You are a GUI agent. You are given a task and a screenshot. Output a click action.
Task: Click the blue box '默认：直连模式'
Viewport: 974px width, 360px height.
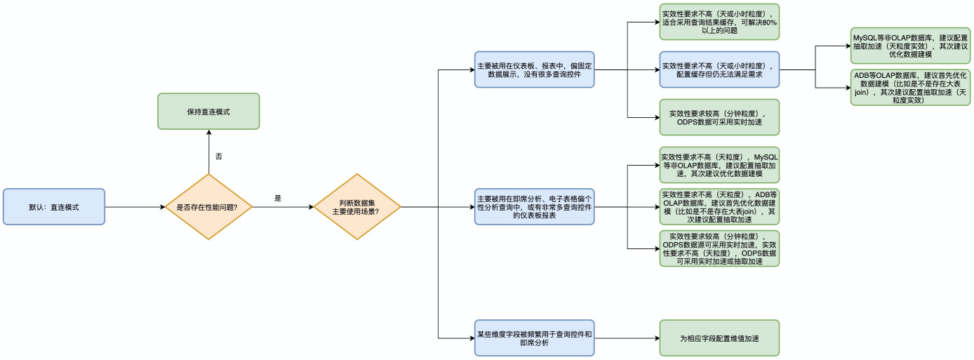54,206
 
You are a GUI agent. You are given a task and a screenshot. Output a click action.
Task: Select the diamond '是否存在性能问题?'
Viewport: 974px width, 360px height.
208,207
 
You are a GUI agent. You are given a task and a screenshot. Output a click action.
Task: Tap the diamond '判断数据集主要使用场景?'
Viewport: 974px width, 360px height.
356,207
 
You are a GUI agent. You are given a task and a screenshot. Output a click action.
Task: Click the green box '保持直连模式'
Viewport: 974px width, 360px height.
208,111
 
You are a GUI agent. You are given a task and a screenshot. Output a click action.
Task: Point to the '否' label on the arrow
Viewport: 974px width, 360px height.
218,156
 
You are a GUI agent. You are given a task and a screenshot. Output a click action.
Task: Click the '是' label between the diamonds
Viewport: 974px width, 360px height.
278,199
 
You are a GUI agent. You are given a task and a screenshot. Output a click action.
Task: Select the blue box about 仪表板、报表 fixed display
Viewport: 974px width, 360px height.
534,69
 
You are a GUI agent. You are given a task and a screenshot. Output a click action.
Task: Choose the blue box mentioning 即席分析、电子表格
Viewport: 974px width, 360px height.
534,207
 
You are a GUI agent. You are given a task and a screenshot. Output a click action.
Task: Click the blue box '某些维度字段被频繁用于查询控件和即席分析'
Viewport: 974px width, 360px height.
534,338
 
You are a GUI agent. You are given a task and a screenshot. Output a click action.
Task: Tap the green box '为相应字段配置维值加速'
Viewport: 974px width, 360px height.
719,338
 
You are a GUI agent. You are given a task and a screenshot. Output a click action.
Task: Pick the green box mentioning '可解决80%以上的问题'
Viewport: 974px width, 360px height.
719,22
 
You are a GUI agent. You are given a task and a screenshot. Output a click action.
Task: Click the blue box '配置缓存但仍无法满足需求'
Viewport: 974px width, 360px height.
719,69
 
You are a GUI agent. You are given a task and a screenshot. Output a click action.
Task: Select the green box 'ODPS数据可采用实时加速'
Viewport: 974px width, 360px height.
719,117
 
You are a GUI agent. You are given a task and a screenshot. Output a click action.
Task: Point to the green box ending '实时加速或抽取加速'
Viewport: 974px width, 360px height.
719,248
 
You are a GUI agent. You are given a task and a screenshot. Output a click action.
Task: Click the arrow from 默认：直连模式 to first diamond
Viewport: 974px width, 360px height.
133,207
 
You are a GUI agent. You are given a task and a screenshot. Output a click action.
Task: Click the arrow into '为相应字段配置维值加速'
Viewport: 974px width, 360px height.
625,338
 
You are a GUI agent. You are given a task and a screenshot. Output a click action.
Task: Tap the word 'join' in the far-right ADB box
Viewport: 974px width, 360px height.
862,92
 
